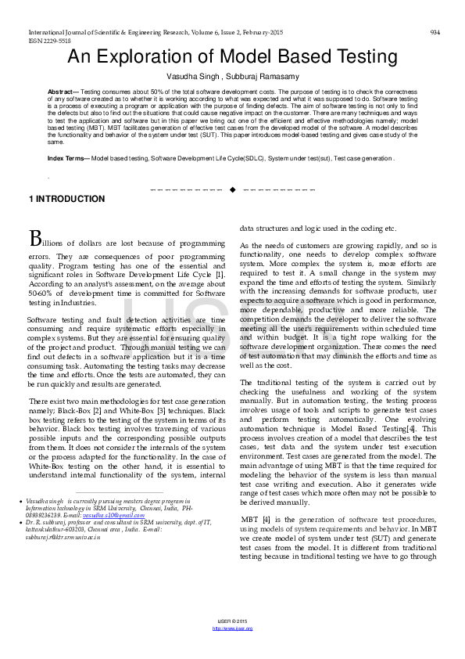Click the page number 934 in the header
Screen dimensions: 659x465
tap(435, 32)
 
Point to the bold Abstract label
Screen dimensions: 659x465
tap(63, 92)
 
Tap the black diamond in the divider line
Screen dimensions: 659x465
tap(232, 189)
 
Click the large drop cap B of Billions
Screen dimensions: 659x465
tap(35, 237)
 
